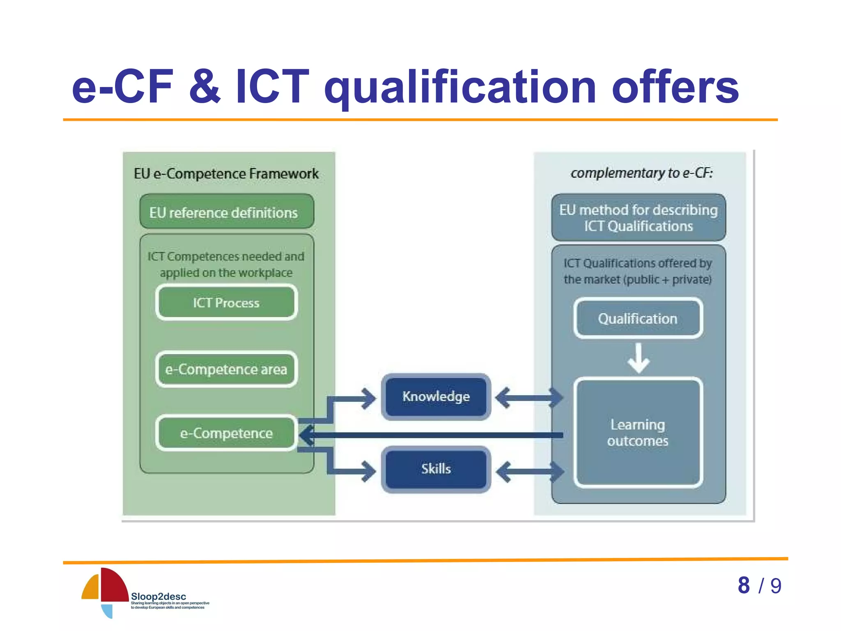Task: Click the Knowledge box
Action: tap(436, 397)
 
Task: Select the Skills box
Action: tap(436, 469)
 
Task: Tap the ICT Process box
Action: tap(226, 303)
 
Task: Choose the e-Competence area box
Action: tap(226, 369)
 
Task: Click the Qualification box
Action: tap(638, 319)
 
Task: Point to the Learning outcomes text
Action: tap(638, 433)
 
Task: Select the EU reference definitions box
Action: tap(226, 212)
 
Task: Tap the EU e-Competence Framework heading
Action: tap(226, 174)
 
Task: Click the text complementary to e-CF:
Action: tap(641, 173)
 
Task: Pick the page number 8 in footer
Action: tap(744, 585)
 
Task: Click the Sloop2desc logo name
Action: tap(159, 596)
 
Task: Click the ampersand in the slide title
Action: tap(205, 87)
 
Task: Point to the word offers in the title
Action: tap(675, 87)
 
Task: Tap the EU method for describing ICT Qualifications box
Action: tap(639, 218)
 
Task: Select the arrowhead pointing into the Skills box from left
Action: tap(368, 471)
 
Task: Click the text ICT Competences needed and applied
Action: tap(226, 265)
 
